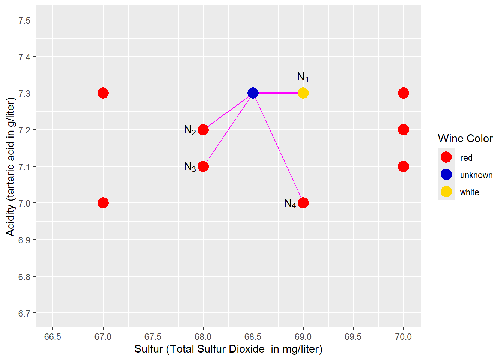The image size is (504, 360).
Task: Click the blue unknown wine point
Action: [253, 93]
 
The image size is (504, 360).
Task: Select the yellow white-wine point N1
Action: [303, 93]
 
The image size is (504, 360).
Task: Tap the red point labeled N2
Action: [203, 130]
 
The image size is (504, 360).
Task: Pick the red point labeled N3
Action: [203, 166]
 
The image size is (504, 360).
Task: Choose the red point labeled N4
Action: [303, 203]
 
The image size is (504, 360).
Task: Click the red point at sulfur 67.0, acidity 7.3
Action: [103, 93]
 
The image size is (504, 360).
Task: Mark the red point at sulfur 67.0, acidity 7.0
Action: [103, 203]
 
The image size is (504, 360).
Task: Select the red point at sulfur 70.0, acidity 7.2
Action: [403, 130]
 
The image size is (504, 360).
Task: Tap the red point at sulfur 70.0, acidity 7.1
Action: [403, 166]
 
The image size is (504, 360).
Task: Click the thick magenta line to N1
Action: [278, 93]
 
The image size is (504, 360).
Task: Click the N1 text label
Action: [303, 77]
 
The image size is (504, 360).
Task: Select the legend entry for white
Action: [469, 192]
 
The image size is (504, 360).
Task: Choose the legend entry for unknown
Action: [476, 175]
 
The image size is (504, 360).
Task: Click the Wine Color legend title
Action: [465, 139]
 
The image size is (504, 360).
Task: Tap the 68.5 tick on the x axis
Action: [253, 336]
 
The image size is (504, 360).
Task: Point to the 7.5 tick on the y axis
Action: [24, 20]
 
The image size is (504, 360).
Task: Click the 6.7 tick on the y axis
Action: [24, 313]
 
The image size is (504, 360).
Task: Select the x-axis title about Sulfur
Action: [228, 349]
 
